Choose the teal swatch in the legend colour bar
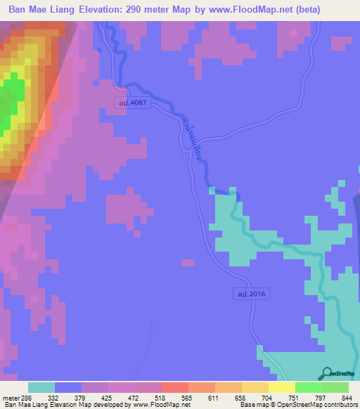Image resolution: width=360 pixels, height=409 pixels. coord(41,387)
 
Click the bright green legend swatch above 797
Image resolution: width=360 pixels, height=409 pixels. coord(309,387)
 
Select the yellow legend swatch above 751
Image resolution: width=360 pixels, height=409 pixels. coord(282,387)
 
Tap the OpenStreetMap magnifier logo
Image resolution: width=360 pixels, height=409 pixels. coord(326,374)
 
